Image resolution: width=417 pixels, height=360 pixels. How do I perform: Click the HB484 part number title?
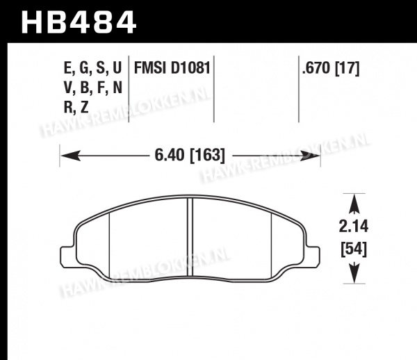[x=79, y=22]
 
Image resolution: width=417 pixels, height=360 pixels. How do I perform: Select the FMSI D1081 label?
[x=172, y=68]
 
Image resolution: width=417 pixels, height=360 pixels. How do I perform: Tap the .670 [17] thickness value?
[x=331, y=68]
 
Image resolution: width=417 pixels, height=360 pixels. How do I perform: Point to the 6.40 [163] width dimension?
[x=190, y=155]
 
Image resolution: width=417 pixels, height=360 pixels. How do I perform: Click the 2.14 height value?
[x=354, y=227]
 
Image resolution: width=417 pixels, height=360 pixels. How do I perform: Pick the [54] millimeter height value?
[x=354, y=249]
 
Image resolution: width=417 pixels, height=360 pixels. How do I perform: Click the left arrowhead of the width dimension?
[x=70, y=156]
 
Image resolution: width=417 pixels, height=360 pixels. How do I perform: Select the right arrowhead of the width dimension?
[x=310, y=156]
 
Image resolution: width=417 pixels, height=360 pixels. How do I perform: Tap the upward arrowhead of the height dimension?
[x=354, y=204]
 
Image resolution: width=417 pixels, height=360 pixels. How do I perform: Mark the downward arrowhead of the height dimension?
[x=354, y=273]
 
